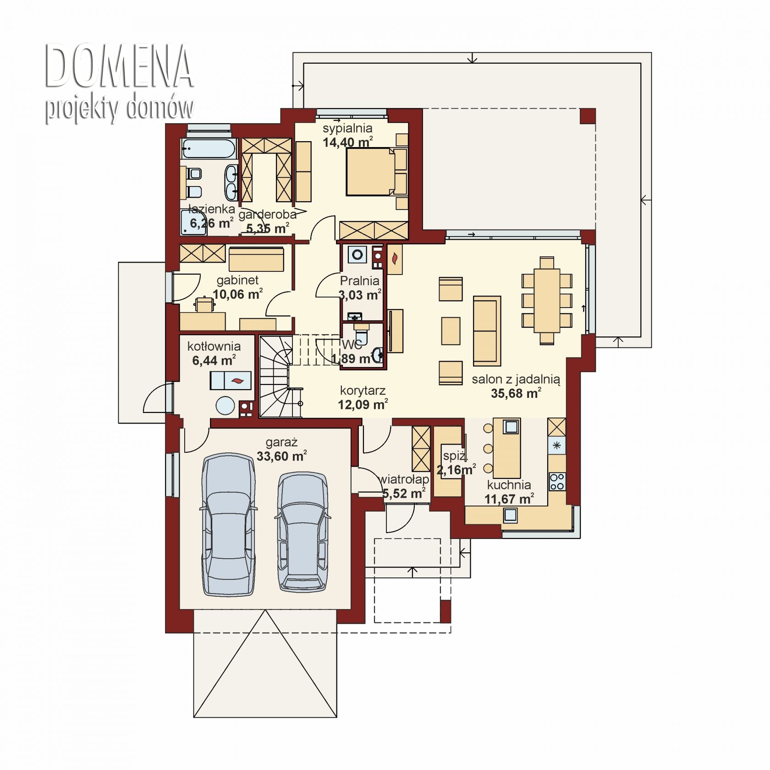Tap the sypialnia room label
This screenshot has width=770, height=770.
tap(347, 128)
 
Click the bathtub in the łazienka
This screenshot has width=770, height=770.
tap(209, 147)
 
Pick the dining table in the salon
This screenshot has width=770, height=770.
tap(547, 300)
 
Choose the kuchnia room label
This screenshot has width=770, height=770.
tap(509, 484)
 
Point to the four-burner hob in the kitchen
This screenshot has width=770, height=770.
tap(557, 481)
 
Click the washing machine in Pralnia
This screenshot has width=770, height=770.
tap(357, 254)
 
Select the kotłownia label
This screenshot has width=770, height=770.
tap(214, 346)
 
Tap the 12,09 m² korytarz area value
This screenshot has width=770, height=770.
tap(363, 404)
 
